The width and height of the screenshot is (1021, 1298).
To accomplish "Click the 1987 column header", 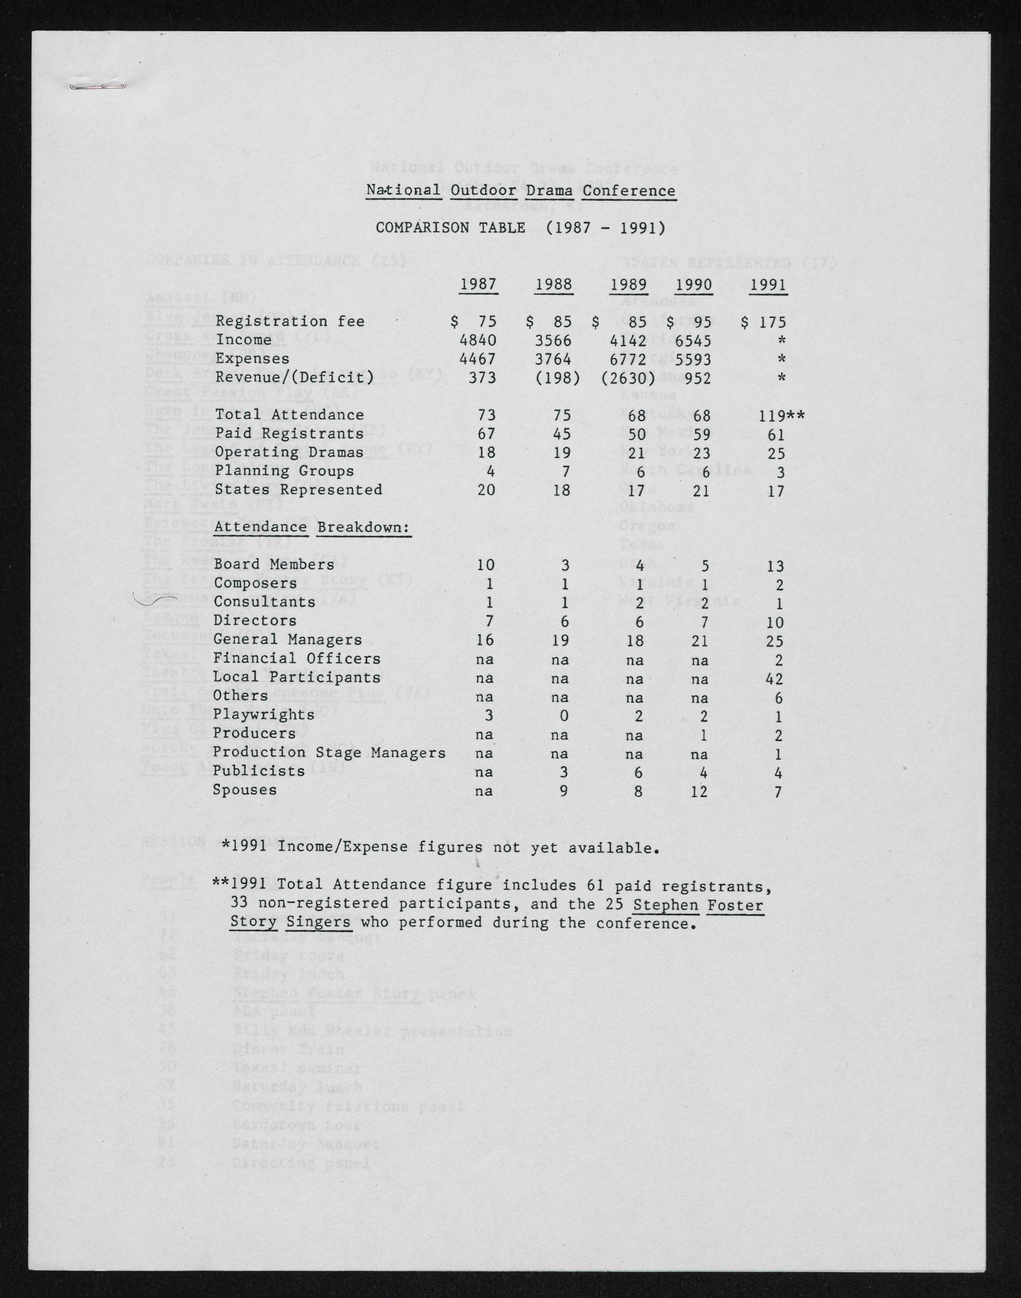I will pyautogui.click(x=478, y=284).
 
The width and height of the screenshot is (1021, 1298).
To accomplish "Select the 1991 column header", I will pyautogui.click(x=768, y=284).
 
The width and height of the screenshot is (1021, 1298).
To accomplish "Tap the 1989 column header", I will pyautogui.click(x=629, y=284).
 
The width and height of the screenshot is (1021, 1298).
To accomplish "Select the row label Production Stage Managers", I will pyautogui.click(x=329, y=753).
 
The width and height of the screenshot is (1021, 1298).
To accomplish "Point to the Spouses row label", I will pyautogui.click(x=245, y=790).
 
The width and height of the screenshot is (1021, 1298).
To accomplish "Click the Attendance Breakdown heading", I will pyautogui.click(x=311, y=528).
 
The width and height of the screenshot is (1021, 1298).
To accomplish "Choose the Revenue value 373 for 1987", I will pyautogui.click(x=482, y=378).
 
